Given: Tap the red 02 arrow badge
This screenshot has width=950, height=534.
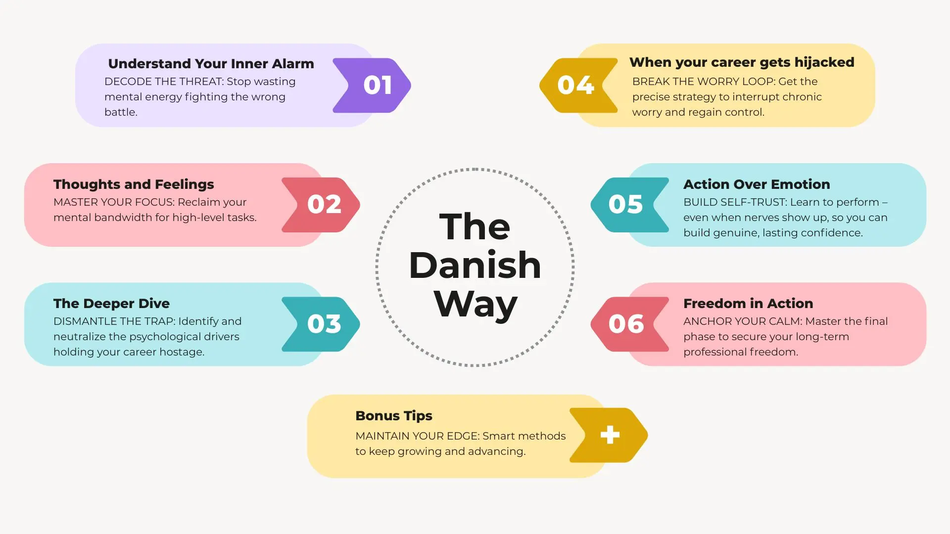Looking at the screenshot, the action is [321, 205].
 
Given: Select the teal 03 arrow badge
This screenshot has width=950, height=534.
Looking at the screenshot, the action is [321, 324].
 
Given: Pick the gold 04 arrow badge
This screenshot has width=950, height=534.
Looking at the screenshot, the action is [579, 86].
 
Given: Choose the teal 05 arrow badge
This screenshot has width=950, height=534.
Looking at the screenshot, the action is [630, 205].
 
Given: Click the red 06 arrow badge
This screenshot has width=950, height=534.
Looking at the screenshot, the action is [630, 324].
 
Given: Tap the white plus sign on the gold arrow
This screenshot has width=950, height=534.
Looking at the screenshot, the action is [610, 435].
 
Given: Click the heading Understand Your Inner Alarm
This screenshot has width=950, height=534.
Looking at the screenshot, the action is [211, 64].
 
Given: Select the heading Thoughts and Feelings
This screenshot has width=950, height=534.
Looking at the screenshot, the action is [134, 184].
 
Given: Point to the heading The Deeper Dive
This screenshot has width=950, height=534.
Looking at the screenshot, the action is [111, 303].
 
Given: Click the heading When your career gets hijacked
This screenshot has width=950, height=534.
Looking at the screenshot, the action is [742, 62].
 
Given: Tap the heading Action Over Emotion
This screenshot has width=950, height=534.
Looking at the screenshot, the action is [757, 184].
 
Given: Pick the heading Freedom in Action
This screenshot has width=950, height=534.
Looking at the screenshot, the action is [748, 303].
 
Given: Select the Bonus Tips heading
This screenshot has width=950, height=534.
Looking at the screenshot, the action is [394, 416].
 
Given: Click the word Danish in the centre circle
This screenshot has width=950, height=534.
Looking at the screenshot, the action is [475, 265].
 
